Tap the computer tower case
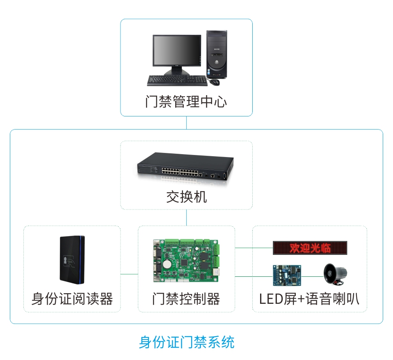tap(217, 53)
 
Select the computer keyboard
tap(177, 80)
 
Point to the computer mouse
tap(215, 82)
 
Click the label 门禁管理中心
tap(186, 102)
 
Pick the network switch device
tap(185, 166)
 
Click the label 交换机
tap(186, 197)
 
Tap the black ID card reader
tap(72, 259)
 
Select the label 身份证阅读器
tap(72, 299)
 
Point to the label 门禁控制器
tap(186, 299)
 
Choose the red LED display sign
tap(310, 248)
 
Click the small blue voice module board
tap(287, 275)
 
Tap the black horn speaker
tap(335, 273)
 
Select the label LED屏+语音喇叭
tap(309, 299)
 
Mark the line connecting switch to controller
tap(186, 217)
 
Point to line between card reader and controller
tap(129, 274)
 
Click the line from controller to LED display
tap(254, 248)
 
